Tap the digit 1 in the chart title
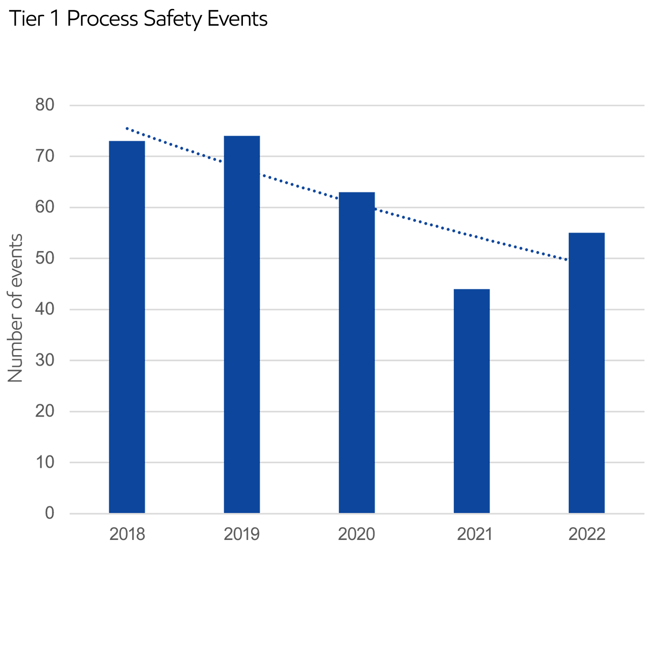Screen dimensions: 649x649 pos(55,19)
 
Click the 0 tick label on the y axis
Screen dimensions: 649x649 pos(50,512)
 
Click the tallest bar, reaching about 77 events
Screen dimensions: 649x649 pos(242,315)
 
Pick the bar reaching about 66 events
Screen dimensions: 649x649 pos(357,343)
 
